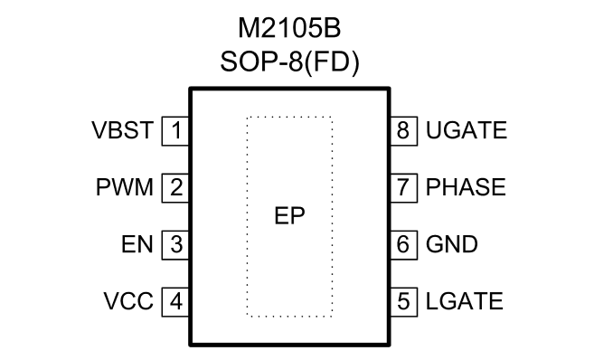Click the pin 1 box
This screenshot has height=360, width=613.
176,131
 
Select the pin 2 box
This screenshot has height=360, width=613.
176,188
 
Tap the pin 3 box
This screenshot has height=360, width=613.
176,245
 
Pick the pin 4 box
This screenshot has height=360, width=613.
176,302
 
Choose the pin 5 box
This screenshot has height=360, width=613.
403,302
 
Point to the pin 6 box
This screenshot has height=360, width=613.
403,245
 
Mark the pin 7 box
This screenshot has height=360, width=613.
403,188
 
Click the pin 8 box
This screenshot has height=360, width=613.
403,131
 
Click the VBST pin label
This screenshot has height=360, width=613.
122,130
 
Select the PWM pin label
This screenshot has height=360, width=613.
125,187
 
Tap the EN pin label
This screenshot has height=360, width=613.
137,244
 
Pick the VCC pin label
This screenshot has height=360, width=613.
128,301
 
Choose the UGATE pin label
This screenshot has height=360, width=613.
467,130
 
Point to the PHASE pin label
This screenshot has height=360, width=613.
466,187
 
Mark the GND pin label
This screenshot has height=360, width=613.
451,244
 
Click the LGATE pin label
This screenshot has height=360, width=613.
465,301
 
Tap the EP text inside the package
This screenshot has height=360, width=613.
289,215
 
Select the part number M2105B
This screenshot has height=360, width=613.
289,29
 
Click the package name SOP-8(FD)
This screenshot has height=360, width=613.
289,62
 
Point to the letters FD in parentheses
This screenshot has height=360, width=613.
332,62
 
